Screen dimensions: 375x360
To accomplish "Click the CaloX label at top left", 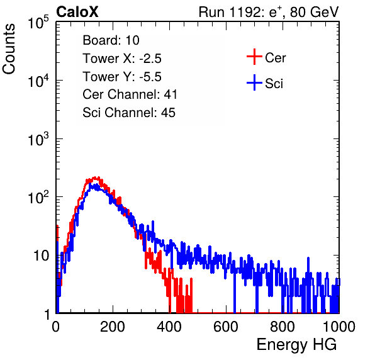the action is pyautogui.click(x=77, y=12).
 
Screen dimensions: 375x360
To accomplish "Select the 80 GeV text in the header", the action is pyautogui.click(x=314, y=12).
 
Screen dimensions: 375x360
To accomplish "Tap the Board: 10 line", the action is pyautogui.click(x=111, y=40).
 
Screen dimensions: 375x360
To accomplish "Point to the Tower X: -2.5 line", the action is pyautogui.click(x=122, y=59).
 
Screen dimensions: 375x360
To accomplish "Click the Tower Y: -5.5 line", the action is pyautogui.click(x=122, y=77).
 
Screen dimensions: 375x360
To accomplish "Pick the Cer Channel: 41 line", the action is pyautogui.click(x=130, y=94).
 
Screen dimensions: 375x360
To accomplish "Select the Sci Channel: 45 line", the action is pyautogui.click(x=129, y=113).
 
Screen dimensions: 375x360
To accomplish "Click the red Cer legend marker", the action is pyautogui.click(x=254, y=57).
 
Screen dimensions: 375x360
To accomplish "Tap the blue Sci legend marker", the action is pyautogui.click(x=254, y=83).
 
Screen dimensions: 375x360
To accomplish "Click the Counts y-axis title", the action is pyautogui.click(x=9, y=49).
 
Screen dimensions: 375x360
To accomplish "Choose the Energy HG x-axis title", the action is pyautogui.click(x=296, y=345).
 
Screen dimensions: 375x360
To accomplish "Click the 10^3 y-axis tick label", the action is pyautogui.click(x=38, y=139).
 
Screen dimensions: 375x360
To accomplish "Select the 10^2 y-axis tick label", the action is pyautogui.click(x=38, y=197).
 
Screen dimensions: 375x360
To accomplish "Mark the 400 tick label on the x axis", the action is pyautogui.click(x=169, y=327).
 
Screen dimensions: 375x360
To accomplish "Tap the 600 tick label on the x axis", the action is pyautogui.click(x=226, y=327).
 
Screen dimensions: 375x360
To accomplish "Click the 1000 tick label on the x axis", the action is pyautogui.click(x=339, y=327).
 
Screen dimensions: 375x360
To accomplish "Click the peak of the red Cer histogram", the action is pyautogui.click(x=95, y=177).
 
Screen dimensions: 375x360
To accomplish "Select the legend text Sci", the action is pyautogui.click(x=274, y=84).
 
